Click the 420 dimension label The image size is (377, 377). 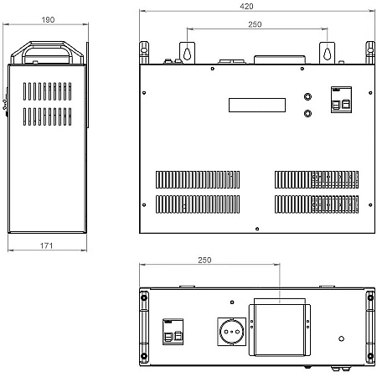point(246,6)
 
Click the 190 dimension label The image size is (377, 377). point(48,20)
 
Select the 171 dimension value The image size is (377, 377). point(46,245)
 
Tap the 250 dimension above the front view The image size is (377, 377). point(255,24)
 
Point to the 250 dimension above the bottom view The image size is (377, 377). point(204,260)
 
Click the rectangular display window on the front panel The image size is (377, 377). point(257,105)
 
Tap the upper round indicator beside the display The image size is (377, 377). point(307,96)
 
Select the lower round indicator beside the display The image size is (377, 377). point(307,113)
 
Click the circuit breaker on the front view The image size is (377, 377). point(341,100)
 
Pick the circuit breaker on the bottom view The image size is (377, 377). point(173,332)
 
